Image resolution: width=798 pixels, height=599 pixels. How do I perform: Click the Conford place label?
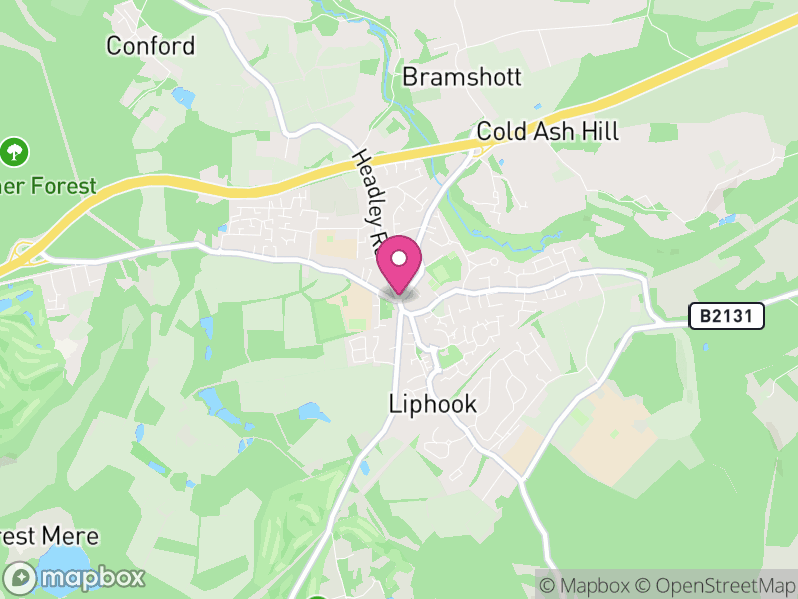[x=150, y=46]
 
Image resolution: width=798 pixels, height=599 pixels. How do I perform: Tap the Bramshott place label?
[x=462, y=78]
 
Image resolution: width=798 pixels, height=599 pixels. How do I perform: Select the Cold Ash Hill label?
[x=548, y=131]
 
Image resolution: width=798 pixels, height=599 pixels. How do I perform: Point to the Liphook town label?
[x=432, y=405]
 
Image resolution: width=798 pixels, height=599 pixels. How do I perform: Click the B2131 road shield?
[x=726, y=317]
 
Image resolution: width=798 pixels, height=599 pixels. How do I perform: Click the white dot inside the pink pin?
[x=399, y=259]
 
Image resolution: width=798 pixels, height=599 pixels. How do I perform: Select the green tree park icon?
[x=15, y=152]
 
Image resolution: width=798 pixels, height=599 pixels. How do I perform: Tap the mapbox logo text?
[x=91, y=577]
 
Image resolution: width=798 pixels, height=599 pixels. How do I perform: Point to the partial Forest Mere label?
[x=39, y=536]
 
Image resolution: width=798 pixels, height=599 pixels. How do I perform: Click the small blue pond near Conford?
[x=183, y=97]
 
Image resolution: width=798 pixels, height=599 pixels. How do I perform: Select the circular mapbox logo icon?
[x=21, y=577]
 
